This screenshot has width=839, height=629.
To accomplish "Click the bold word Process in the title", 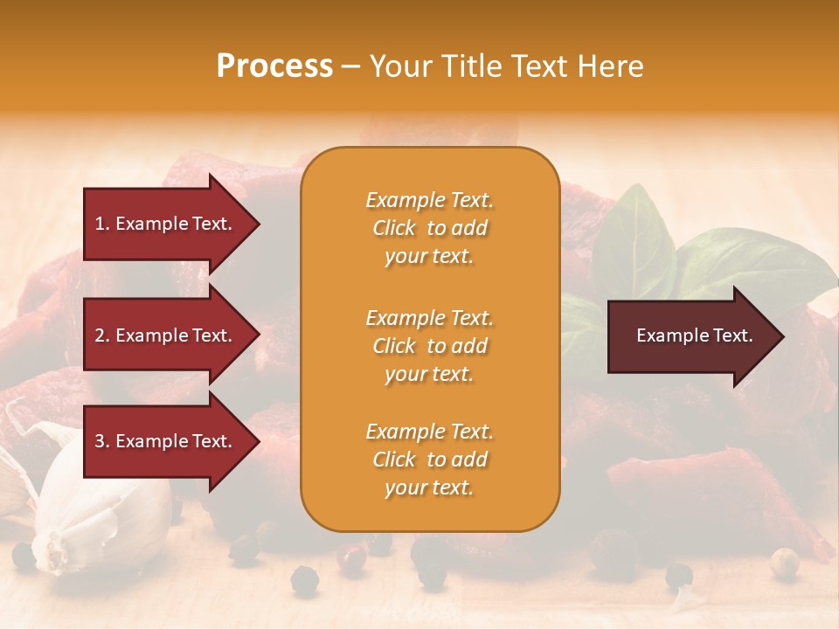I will tap(274, 66).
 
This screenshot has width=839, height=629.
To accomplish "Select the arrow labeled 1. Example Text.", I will tap(166, 224).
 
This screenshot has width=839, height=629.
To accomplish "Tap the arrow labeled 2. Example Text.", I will tap(166, 335).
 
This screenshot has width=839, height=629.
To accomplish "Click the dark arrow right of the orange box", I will tap(690, 336).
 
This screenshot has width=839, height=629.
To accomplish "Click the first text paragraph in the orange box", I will tap(429, 228).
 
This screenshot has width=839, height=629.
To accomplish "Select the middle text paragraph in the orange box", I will tap(429, 346).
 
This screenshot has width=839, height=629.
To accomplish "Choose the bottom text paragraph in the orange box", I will tap(429, 460).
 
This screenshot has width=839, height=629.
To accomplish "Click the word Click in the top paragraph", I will tap(394, 228).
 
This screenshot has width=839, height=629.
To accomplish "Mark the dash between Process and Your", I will tap(350, 66).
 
